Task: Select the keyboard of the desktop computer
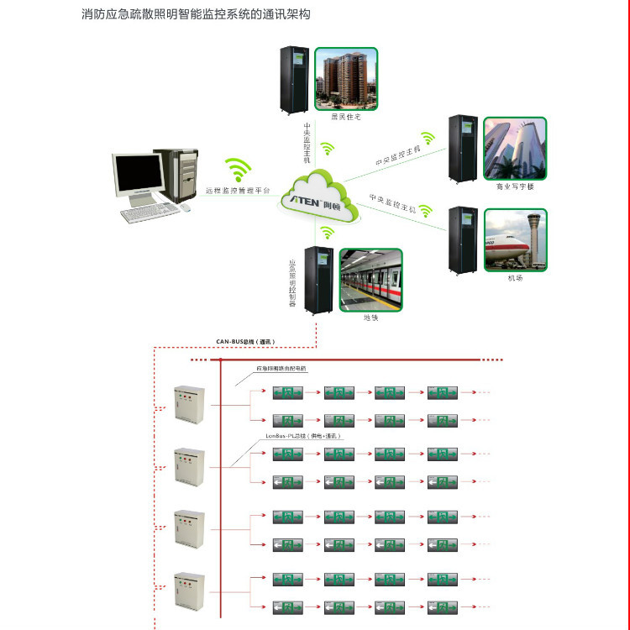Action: tap(149, 213)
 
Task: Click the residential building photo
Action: tap(346, 78)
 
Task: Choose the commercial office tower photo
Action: tap(516, 149)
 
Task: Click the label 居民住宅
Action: tap(345, 117)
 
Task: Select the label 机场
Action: tap(515, 277)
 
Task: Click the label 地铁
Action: tap(370, 318)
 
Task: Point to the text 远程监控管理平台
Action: tap(239, 192)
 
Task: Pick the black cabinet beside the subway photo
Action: tap(320, 281)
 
